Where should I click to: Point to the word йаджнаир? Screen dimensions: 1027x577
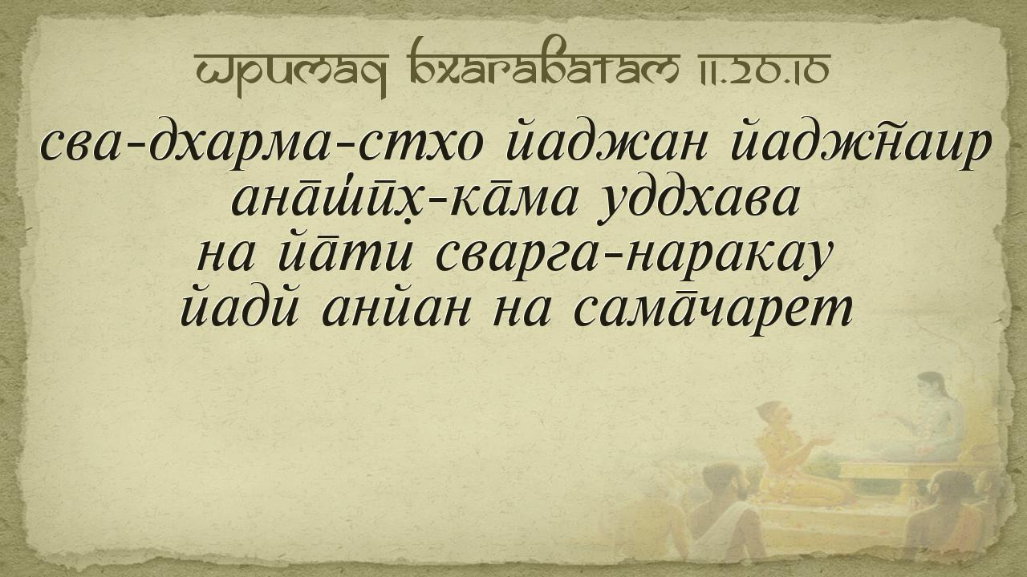click(x=861, y=145)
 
